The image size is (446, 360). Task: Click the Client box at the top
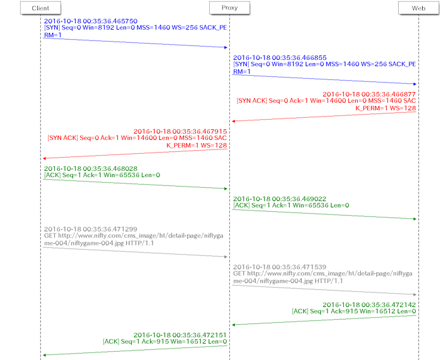40,8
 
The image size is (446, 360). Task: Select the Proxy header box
229,8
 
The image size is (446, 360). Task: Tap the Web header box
418,8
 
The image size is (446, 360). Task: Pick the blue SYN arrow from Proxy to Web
324,79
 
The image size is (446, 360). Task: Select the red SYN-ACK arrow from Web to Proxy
324,116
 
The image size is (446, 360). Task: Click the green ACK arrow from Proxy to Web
324,214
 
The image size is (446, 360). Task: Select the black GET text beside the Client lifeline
101,236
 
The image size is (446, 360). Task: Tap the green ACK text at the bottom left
164,338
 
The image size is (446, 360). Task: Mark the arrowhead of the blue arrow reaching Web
414,84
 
